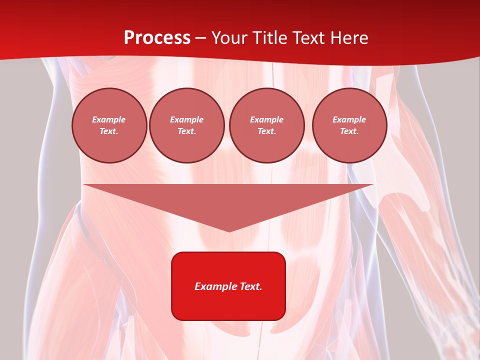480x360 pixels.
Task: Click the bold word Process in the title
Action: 157,38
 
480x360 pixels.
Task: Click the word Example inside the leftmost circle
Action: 109,119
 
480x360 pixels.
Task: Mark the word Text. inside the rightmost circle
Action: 349,131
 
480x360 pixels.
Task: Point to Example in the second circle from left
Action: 187,119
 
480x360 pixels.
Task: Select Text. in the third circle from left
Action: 267,131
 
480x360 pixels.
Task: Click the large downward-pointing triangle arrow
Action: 228,200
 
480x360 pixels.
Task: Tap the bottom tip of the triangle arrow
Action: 229,230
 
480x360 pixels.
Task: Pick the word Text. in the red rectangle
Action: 251,286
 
